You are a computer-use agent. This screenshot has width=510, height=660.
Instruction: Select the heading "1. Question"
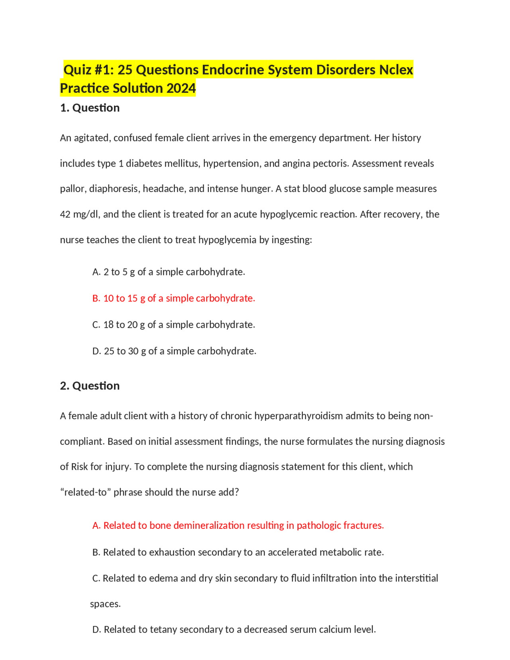coord(90,108)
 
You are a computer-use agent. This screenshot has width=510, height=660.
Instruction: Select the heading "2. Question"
coord(90,386)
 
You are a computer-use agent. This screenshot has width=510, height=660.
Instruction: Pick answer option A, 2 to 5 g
coord(169,272)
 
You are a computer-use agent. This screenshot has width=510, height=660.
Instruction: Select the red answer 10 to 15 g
coord(174,298)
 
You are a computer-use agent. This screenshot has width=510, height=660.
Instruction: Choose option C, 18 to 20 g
coord(174,325)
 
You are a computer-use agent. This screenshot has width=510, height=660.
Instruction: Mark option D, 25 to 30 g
coord(175,351)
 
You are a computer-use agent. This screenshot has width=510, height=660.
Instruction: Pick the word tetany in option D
coord(163,630)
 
